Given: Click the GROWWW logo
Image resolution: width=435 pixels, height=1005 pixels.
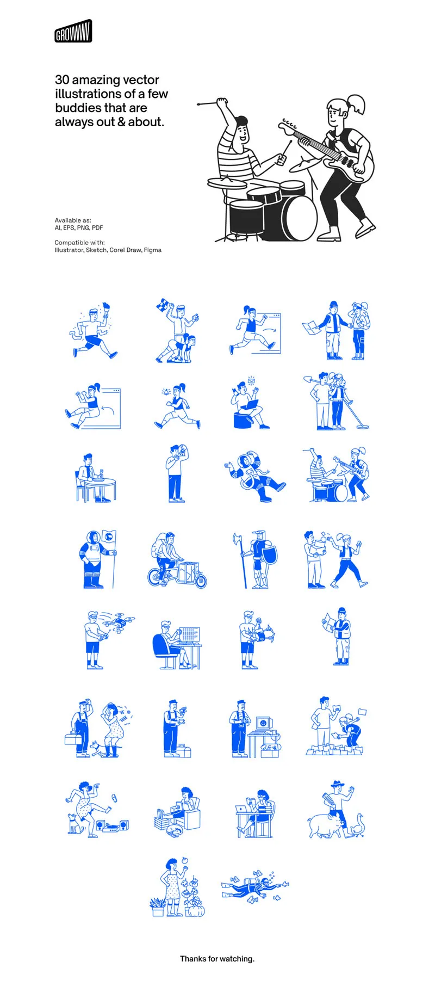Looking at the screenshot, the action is (x=73, y=31).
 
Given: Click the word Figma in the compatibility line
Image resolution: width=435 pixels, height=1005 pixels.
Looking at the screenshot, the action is (x=153, y=250).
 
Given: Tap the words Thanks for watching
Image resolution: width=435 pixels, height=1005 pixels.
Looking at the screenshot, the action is (x=217, y=958).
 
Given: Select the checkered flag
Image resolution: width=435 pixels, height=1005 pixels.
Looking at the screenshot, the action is (x=163, y=306).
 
